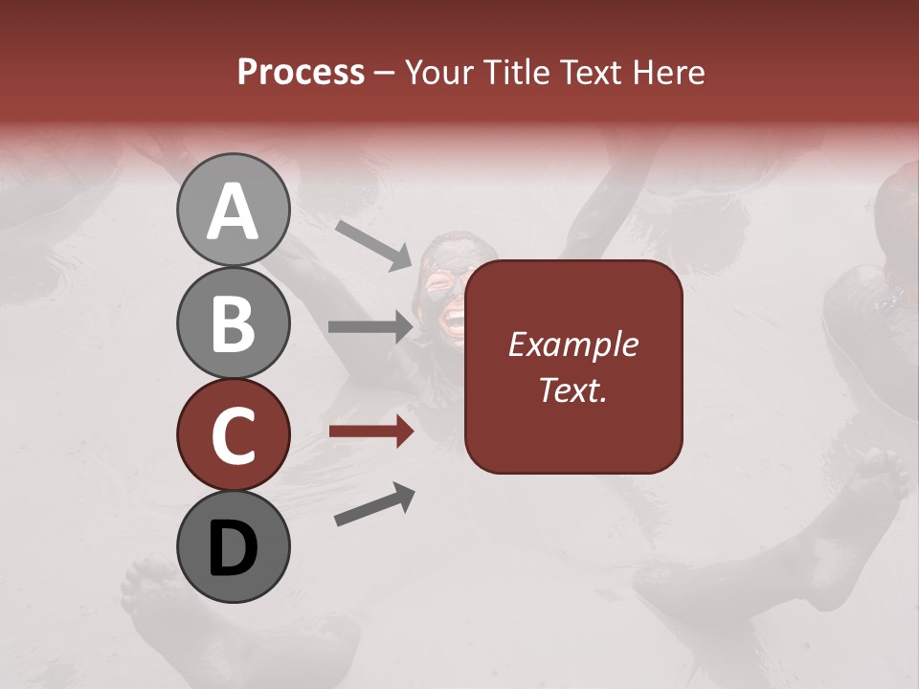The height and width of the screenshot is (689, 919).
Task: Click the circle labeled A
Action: pyautogui.click(x=233, y=210)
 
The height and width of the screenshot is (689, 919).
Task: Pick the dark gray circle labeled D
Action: pyautogui.click(x=233, y=546)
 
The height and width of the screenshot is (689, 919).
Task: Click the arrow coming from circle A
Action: pyautogui.click(x=373, y=243)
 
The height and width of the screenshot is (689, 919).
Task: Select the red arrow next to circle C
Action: pyautogui.click(x=370, y=432)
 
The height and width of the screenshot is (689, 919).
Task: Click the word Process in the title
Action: pyautogui.click(x=301, y=72)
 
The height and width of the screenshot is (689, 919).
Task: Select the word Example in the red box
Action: pyautogui.click(x=572, y=344)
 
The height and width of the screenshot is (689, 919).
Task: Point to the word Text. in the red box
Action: pyautogui.click(x=572, y=389)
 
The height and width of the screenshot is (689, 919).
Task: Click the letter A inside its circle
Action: pyautogui.click(x=233, y=211)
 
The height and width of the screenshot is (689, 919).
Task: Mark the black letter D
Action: pyautogui.click(x=233, y=548)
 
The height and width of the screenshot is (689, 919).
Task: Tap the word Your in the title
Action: pyautogui.click(x=439, y=72)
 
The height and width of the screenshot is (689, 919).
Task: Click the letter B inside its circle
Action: pyautogui.click(x=233, y=323)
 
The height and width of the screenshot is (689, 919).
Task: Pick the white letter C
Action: pyautogui.click(x=233, y=435)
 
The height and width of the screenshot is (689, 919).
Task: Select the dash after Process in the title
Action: pyautogui.click(x=385, y=74)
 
